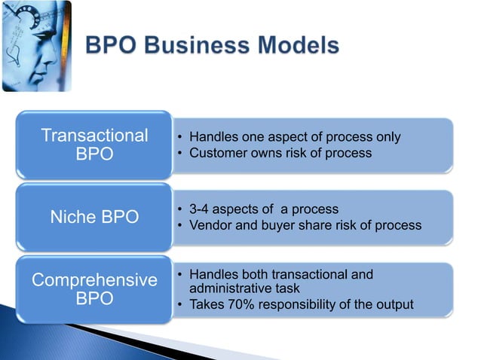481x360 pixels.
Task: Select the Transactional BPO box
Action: (94, 145)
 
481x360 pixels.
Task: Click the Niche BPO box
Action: (94, 218)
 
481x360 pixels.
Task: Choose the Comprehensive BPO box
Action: (94, 288)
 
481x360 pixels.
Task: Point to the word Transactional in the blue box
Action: (94, 136)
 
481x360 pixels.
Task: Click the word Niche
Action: (73, 218)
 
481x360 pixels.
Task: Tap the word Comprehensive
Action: (94, 280)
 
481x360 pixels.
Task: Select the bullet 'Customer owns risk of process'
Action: (280, 153)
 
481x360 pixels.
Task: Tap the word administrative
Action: (230, 288)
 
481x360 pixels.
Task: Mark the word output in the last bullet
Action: (394, 304)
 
